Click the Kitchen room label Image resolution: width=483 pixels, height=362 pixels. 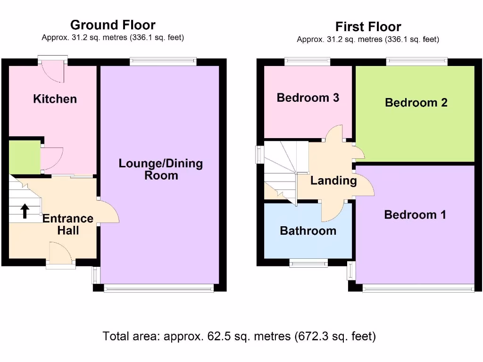[x=55, y=99]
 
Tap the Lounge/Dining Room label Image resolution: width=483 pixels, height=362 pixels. [x=160, y=169]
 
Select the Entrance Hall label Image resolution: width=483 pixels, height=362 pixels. [x=68, y=224]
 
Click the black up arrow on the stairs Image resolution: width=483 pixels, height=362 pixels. [x=24, y=212]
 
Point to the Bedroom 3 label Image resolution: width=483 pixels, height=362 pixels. [x=308, y=98]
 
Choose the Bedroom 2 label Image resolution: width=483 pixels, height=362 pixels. [x=416, y=102]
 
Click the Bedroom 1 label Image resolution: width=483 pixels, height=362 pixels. [x=415, y=215]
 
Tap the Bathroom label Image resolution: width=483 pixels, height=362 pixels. [x=308, y=231]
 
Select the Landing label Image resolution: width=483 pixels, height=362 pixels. [x=333, y=181]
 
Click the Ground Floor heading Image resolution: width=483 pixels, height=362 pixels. [x=113, y=25]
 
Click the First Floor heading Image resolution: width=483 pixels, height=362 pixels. [x=368, y=26]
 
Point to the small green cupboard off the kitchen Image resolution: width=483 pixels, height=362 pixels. [x=25, y=157]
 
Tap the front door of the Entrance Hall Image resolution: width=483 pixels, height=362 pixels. [x=60, y=255]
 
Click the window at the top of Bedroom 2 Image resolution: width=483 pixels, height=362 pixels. [x=416, y=60]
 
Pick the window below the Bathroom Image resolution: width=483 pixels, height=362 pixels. [x=308, y=263]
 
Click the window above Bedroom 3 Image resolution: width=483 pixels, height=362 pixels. [x=308, y=60]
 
